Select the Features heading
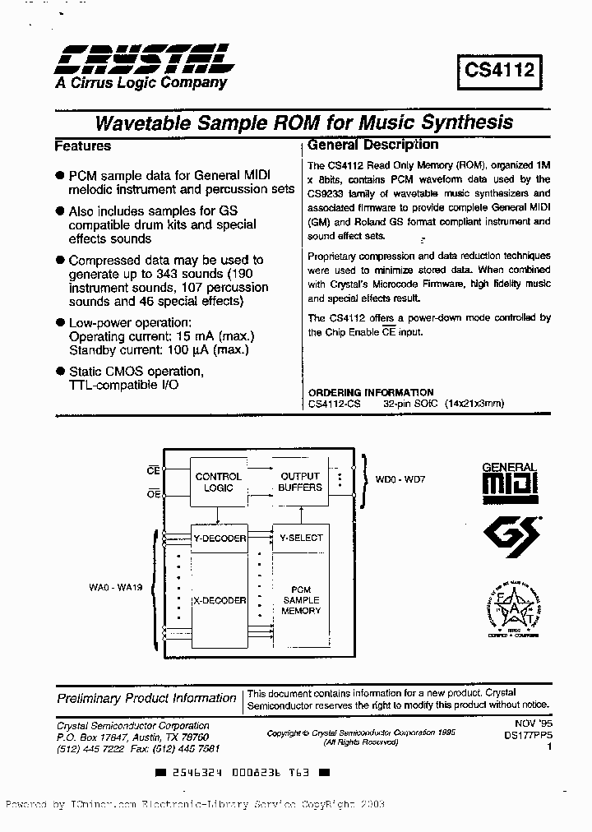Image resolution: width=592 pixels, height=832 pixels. coord(82,146)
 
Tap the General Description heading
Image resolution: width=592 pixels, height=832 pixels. coord(372,146)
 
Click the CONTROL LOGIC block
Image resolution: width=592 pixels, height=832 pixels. coord(218,482)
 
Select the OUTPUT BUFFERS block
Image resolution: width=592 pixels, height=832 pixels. coord(300,482)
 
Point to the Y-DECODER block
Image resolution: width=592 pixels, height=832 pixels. coord(219,538)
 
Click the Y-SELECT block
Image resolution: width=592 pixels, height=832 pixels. coord(301,538)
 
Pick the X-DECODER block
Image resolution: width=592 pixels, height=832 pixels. coord(219,600)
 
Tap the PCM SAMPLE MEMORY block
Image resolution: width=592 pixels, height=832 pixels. coord(301,600)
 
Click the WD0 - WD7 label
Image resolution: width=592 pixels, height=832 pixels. coord(398,478)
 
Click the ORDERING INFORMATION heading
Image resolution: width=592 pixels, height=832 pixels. coord(371,392)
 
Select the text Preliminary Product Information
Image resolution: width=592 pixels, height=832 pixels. coord(146,698)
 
